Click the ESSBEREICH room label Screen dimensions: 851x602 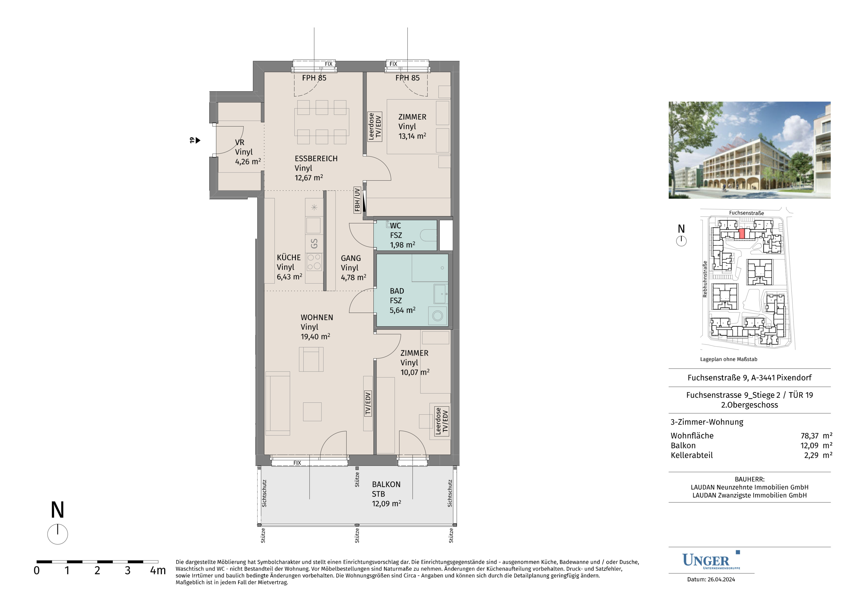pos(316,158)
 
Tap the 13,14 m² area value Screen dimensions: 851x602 pos(412,136)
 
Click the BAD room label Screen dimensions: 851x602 pos(397,291)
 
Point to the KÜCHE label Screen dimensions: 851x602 pos(289,257)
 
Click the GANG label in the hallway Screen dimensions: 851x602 pos(351,258)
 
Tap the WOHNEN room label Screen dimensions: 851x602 pos(317,318)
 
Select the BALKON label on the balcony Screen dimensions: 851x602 pos(386,484)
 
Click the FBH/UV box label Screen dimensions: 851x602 pos(357,200)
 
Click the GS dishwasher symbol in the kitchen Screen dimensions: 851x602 pos(314,244)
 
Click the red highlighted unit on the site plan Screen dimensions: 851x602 pos(742,234)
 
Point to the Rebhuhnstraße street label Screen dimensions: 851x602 pos(705,279)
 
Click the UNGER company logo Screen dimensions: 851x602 pos(711,560)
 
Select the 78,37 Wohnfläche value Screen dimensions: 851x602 pos(809,436)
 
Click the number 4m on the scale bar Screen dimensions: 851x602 pos(158,570)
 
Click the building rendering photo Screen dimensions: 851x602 pos(749,150)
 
